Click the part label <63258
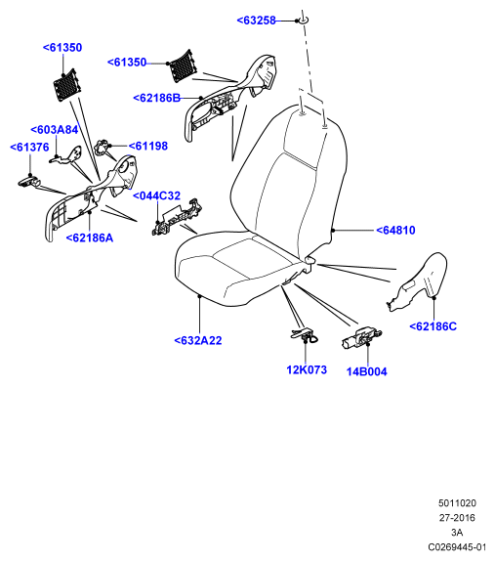(256, 21)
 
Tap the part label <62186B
(157, 98)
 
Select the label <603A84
(55, 130)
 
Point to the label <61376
(29, 147)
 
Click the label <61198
(148, 146)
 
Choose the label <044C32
(156, 195)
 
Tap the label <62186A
(90, 237)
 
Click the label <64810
(395, 230)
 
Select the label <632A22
(198, 340)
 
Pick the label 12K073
(307, 369)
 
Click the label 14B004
(367, 371)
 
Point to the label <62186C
(433, 326)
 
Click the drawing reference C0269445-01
(457, 547)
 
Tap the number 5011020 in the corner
(457, 503)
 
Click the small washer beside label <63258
(303, 20)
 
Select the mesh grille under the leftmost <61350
(66, 86)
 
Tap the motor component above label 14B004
(361, 337)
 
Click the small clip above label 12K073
(304, 334)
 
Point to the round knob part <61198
(101, 147)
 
